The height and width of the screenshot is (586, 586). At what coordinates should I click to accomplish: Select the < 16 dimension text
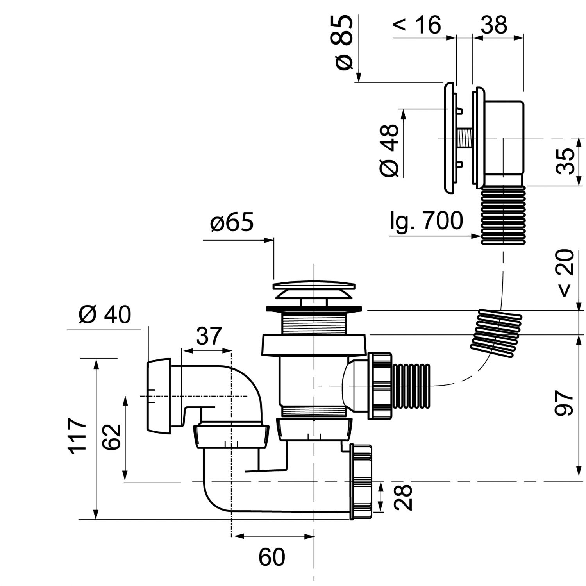pyautogui.click(x=416, y=25)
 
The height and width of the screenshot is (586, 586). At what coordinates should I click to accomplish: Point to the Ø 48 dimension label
pyautogui.click(x=389, y=150)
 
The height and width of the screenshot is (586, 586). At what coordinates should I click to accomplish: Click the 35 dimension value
pyautogui.click(x=566, y=161)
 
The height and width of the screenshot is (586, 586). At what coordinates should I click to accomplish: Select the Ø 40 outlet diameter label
pyautogui.click(x=105, y=314)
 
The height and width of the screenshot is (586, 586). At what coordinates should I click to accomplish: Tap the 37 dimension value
pyautogui.click(x=209, y=336)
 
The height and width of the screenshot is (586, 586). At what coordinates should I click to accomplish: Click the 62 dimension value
pyautogui.click(x=112, y=436)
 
